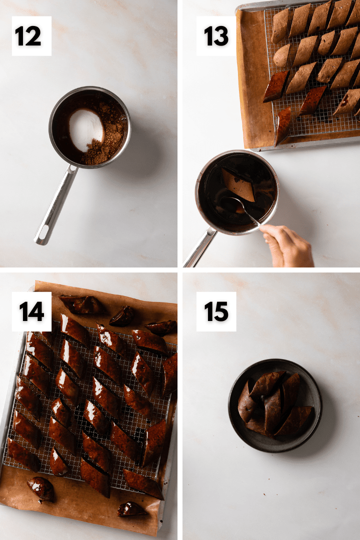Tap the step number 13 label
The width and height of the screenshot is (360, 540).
pos(216,36)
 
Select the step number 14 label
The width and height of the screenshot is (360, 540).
pos(31,311)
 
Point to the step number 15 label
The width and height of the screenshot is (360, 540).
pos(216,311)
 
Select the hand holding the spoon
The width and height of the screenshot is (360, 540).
pos(286,245)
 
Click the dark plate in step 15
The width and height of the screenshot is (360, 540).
pos(275,405)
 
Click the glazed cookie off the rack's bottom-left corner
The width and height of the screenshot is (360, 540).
pos(41,488)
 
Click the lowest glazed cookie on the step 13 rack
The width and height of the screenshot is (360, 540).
pos(282,125)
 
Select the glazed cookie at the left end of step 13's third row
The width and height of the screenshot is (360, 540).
pos(276,86)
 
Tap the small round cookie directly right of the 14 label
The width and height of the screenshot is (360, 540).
pos(122,316)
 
